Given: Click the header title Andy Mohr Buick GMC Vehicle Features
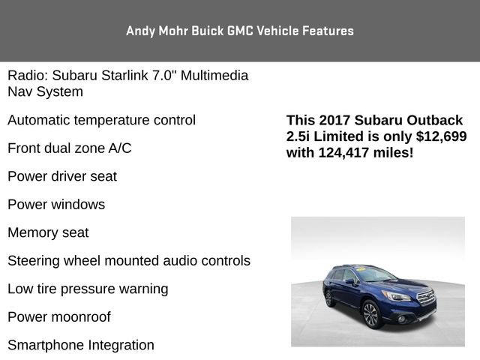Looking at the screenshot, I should point(240,31).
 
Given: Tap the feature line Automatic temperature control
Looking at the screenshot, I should point(101,120).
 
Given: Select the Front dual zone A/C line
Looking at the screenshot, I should point(69,148).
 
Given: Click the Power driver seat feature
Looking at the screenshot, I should point(62,176).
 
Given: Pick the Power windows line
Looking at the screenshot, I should point(56,204).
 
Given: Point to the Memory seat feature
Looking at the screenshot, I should point(48,232).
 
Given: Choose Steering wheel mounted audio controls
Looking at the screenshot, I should point(129,260).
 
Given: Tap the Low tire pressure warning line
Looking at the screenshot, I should point(88,289).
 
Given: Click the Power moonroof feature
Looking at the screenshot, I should point(59,316).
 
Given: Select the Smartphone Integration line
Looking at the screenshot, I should point(81,345).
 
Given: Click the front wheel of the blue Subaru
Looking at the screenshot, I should point(370,315).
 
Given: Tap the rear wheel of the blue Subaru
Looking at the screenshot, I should point(328,298).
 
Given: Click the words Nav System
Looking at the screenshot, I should point(45,91).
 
